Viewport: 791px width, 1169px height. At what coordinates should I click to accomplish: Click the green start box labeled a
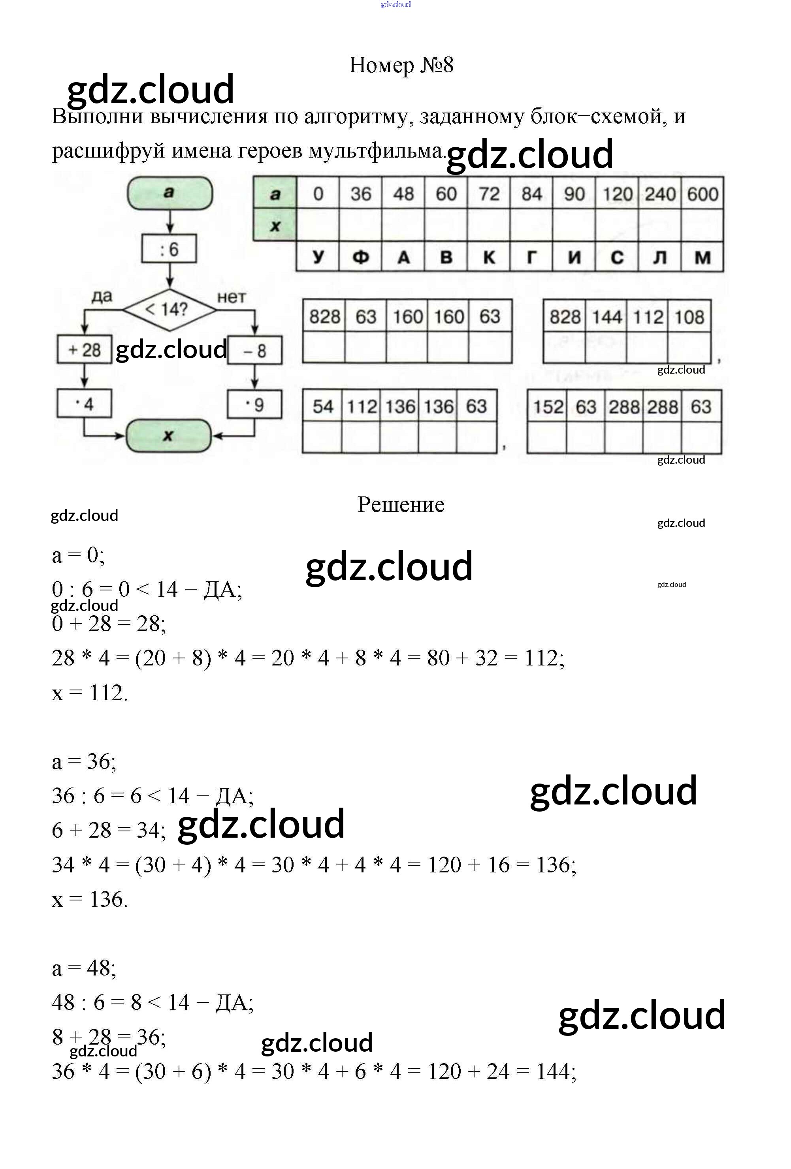pos(169,193)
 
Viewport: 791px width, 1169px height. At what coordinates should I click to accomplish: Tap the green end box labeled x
pos(168,436)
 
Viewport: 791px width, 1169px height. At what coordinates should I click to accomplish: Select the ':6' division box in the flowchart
pos(169,249)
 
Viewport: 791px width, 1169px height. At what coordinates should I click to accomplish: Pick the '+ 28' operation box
pos(85,350)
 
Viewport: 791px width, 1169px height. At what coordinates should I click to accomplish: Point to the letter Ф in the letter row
pos(360,257)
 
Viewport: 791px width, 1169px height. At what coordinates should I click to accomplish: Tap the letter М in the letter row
pos(702,257)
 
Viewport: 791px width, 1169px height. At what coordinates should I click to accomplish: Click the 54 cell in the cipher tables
pos(322,406)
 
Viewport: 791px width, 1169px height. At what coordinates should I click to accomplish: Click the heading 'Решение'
pos(401,504)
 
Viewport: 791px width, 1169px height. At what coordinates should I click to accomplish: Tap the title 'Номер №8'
pos(401,65)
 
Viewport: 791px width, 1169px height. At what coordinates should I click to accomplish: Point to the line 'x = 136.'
pos(90,899)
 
